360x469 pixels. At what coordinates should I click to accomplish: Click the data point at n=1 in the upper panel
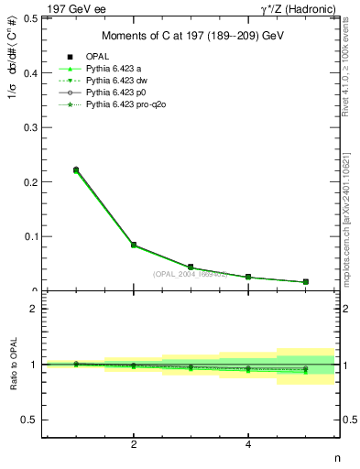76,169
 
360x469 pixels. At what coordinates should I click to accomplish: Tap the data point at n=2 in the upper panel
134,245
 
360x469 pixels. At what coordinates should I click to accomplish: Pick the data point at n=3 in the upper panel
191,267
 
